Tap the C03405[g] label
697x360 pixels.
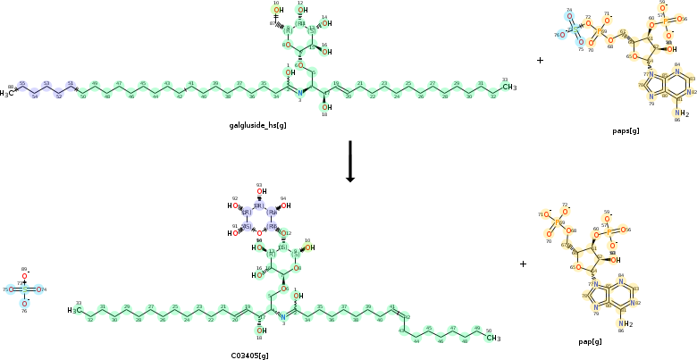click(x=250, y=356)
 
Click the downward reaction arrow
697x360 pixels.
click(x=350, y=161)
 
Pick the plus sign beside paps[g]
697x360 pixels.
click(x=540, y=61)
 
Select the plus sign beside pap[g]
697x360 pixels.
click(x=523, y=264)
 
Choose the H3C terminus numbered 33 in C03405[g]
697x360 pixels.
click(x=75, y=311)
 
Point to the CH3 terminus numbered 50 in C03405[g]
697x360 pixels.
click(x=492, y=338)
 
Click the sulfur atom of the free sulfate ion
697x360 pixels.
click(x=25, y=289)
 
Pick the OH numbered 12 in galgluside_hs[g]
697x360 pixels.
click(x=303, y=11)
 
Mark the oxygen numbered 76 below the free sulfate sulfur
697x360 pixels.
click(x=25, y=304)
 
